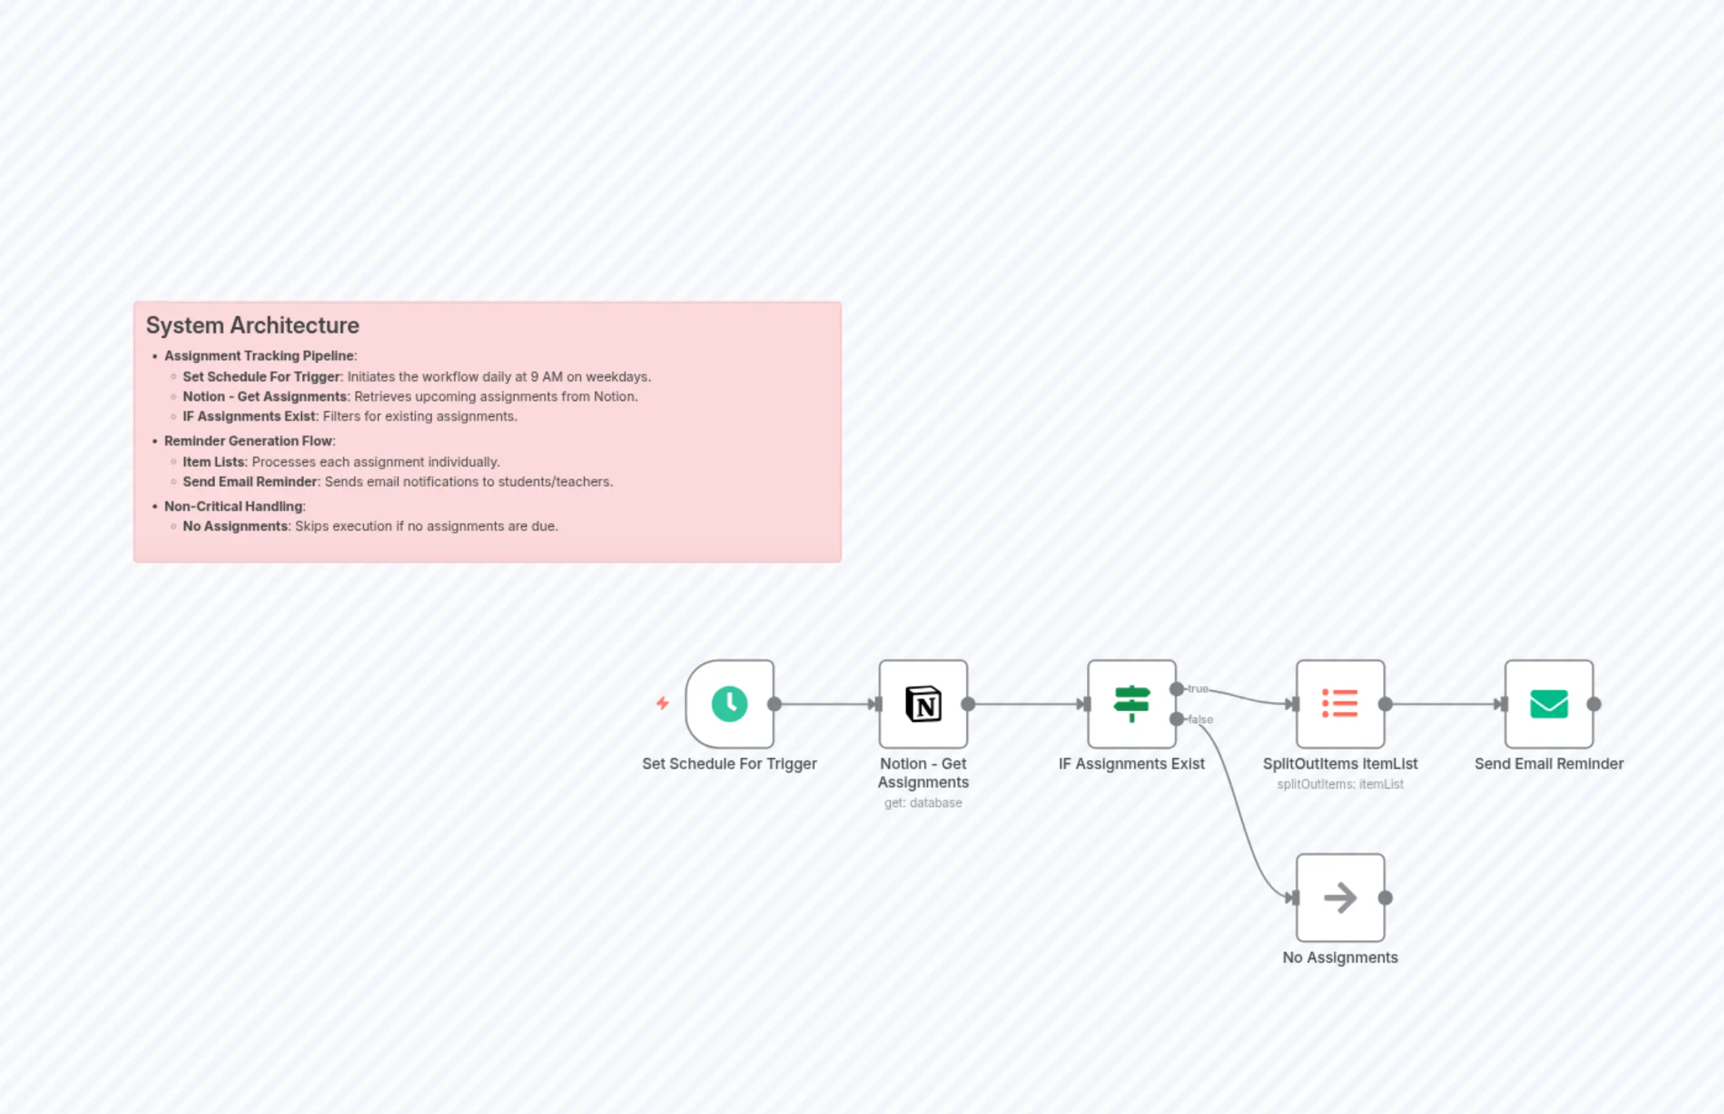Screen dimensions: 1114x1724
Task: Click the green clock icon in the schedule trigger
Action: point(729,704)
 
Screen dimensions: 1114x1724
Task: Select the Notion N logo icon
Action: point(924,704)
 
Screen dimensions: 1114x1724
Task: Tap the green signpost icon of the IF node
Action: point(1132,704)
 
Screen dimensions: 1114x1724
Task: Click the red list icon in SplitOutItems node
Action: point(1340,704)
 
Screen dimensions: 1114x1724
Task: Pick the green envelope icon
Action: point(1549,704)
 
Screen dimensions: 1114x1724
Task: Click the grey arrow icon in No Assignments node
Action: point(1340,898)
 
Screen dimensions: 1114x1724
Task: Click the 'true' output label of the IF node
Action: point(1198,689)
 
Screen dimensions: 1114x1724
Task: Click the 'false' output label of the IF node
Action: point(1200,719)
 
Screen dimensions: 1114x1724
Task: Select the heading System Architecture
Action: point(252,325)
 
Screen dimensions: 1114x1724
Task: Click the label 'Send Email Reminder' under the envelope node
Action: point(1549,764)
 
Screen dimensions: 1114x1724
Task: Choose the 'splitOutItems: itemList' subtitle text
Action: point(1340,784)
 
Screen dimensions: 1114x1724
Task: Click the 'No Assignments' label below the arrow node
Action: point(1340,958)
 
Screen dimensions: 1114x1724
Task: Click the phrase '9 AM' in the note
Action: point(546,377)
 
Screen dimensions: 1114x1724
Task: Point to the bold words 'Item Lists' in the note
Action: point(214,462)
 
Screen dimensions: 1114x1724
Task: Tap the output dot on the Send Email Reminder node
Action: point(1594,704)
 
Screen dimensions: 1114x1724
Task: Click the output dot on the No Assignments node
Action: point(1386,898)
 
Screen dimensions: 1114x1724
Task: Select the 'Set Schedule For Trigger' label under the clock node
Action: point(729,764)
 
